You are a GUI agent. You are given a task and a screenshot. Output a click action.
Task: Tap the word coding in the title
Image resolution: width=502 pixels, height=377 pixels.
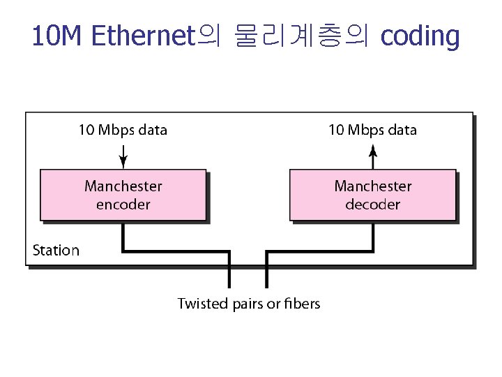pyautogui.click(x=420, y=36)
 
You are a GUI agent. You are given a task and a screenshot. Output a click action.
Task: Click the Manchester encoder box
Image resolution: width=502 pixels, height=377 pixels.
pyautogui.click(x=123, y=195)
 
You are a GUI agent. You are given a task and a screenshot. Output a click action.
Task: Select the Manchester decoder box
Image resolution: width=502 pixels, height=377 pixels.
pyautogui.click(x=373, y=195)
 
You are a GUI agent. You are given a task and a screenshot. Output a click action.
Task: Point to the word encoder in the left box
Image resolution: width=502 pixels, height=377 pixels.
pyautogui.click(x=123, y=205)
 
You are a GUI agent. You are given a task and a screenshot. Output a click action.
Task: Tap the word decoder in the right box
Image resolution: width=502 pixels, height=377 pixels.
pyautogui.click(x=373, y=205)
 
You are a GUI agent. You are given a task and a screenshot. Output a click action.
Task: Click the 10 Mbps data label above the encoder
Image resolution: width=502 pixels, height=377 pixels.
pyautogui.click(x=123, y=130)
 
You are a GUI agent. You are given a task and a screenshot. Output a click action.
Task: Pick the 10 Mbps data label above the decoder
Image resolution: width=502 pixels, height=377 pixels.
pyautogui.click(x=373, y=130)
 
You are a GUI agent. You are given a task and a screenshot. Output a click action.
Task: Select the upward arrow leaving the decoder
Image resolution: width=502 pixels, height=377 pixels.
pyautogui.click(x=373, y=155)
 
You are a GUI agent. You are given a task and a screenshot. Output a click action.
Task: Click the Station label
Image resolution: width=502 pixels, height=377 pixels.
pyautogui.click(x=56, y=250)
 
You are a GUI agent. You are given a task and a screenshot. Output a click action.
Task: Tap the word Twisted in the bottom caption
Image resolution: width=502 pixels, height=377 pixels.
pyautogui.click(x=203, y=304)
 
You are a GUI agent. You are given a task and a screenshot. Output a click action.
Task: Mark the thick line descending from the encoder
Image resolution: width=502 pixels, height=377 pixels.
pyautogui.click(x=123, y=237)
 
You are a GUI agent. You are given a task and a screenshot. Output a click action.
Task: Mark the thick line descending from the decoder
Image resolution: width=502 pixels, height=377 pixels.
pyautogui.click(x=373, y=237)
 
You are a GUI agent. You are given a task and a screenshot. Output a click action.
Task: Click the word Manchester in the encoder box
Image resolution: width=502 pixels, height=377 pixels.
pyautogui.click(x=123, y=186)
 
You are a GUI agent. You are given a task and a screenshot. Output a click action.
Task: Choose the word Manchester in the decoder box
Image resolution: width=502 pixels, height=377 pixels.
pyautogui.click(x=373, y=186)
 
